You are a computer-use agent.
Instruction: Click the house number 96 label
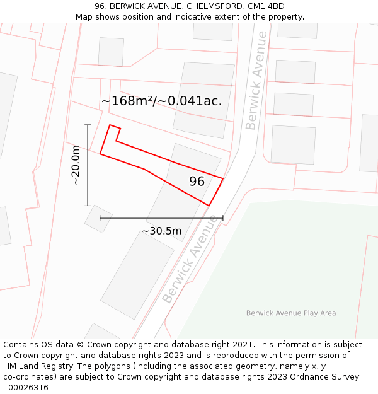pos(197,182)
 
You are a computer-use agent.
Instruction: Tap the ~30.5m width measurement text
pos(161,231)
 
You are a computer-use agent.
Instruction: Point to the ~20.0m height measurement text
pos(76,165)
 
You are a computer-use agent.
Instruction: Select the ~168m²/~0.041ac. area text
pos(161,101)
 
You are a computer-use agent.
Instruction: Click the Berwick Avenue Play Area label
pos(290,313)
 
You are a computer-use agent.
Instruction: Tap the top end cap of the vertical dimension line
pos(88,125)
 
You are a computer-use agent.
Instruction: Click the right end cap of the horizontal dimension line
pos(222,218)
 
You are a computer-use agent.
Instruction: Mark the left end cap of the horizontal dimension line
pos(100,218)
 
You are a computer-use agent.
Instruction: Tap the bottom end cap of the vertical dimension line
pos(88,205)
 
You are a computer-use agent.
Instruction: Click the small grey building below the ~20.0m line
pos(98,219)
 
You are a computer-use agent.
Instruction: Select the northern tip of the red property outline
pos(111,125)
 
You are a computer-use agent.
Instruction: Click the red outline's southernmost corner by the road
pos(209,205)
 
